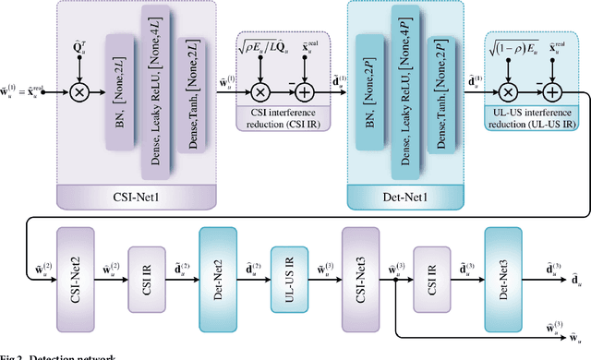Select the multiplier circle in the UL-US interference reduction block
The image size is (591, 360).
507,91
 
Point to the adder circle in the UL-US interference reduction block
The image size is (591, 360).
552,91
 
